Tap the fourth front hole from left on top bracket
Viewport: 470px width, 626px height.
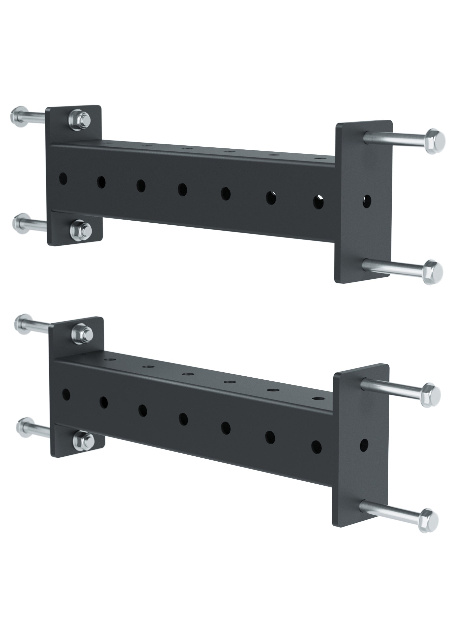(183, 189)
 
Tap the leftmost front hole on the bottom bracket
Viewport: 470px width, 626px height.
(66, 394)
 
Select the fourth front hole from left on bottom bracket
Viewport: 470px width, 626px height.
(184, 419)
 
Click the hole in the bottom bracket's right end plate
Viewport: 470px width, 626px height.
(364, 445)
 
